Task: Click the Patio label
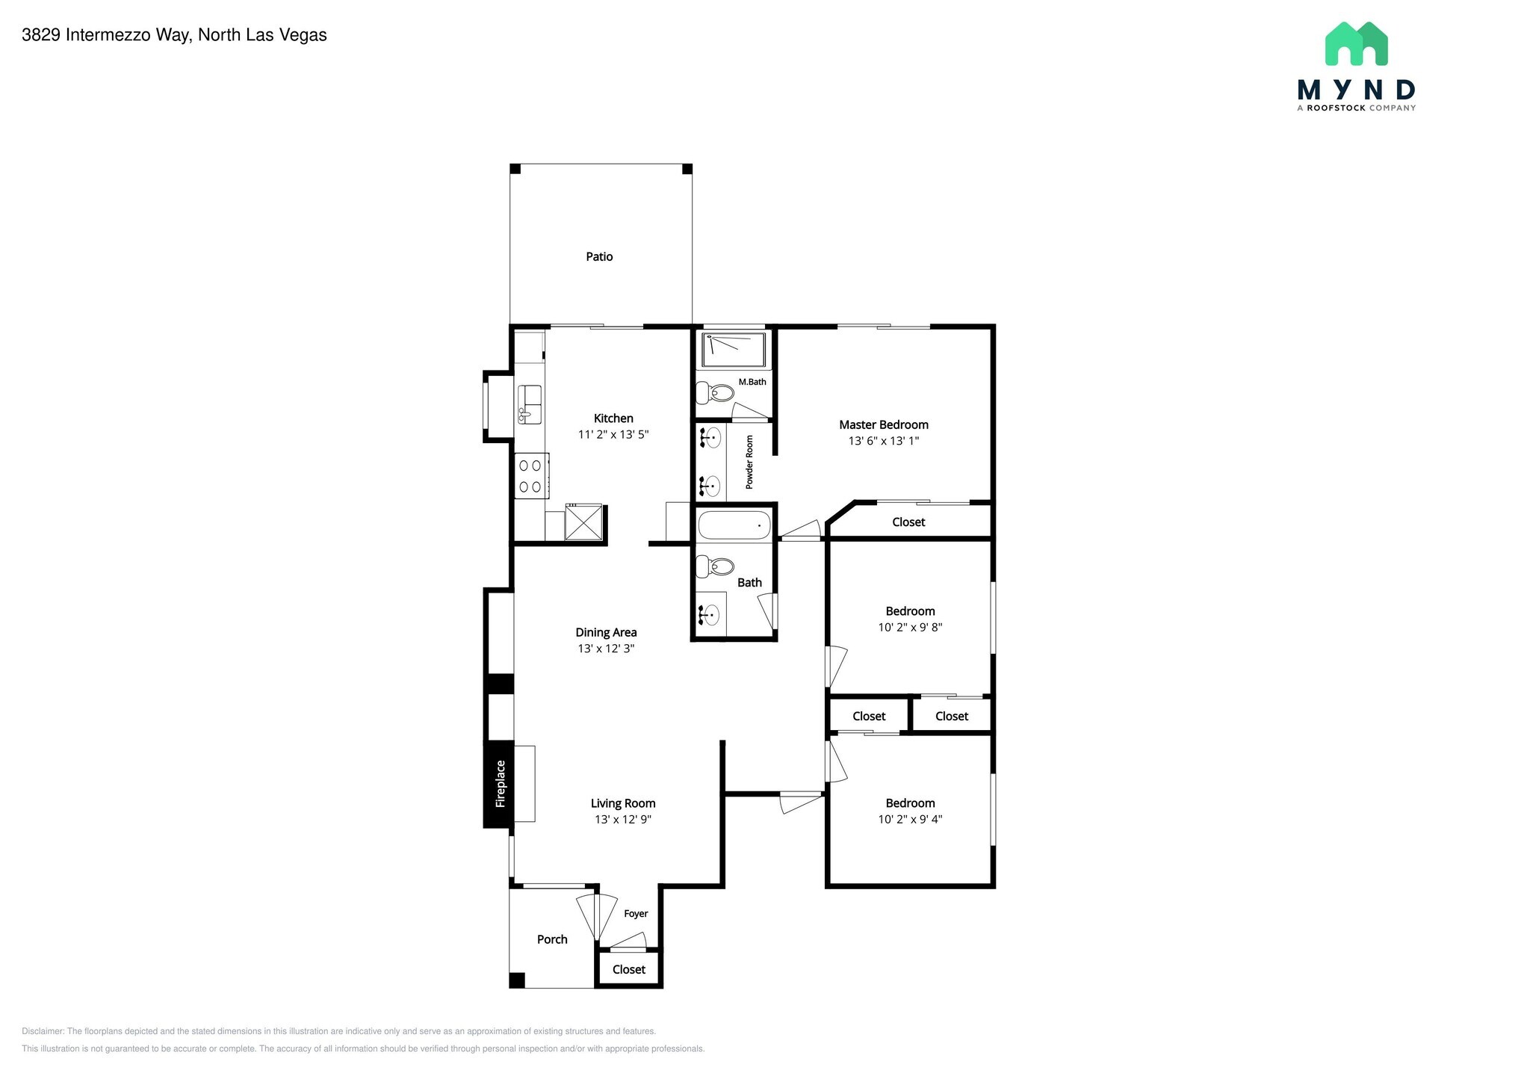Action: (x=599, y=256)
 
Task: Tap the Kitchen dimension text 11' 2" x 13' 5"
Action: (x=613, y=434)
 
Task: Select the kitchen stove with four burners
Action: (x=530, y=476)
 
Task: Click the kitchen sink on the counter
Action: (x=529, y=404)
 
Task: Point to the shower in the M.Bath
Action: (x=733, y=350)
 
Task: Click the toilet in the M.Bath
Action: (x=715, y=392)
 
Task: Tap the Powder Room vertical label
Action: (x=749, y=462)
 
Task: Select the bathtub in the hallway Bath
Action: (x=734, y=525)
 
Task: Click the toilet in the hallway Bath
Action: (x=715, y=566)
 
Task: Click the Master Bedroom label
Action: (x=883, y=424)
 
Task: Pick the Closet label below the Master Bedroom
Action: (x=908, y=522)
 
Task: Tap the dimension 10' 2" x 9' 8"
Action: (x=910, y=628)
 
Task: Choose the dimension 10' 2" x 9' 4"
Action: (x=910, y=819)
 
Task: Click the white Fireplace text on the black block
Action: (x=501, y=783)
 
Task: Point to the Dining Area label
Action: (x=606, y=632)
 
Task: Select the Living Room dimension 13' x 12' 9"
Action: (x=623, y=819)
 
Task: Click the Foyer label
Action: (x=636, y=913)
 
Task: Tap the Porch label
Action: (x=552, y=939)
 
